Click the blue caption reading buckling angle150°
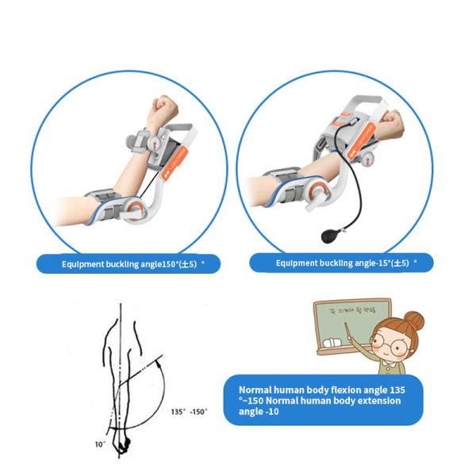(128, 263)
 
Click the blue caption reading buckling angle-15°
(342, 263)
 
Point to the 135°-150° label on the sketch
(188, 412)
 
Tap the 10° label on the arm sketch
(100, 444)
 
